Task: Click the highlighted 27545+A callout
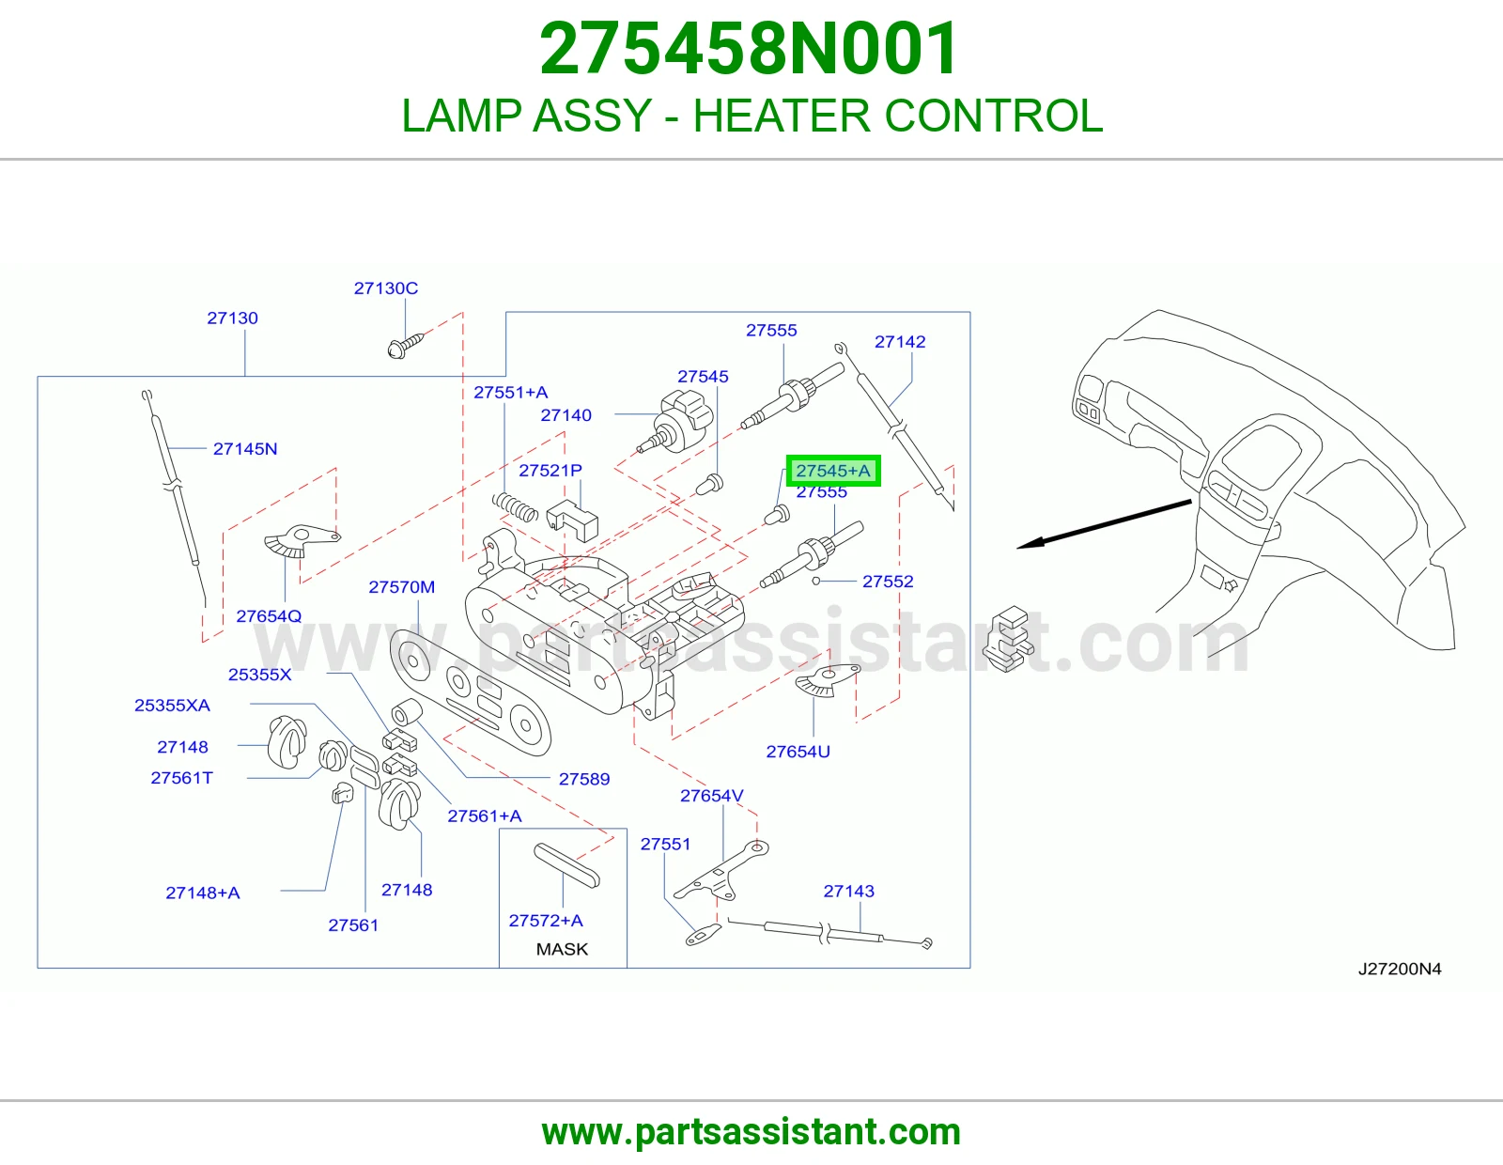(x=833, y=471)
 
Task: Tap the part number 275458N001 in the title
(x=749, y=48)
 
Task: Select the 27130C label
(x=386, y=287)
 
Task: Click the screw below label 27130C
(x=405, y=345)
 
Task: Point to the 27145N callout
(x=245, y=449)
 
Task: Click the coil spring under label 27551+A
(x=515, y=507)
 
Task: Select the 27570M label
(x=402, y=587)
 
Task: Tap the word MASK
(x=562, y=949)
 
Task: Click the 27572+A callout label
(x=546, y=921)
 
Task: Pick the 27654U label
(x=798, y=752)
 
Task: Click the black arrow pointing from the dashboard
(x=1104, y=523)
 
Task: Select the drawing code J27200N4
(x=1400, y=970)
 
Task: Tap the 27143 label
(x=848, y=891)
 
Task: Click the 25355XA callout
(x=172, y=705)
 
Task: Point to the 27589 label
(x=584, y=779)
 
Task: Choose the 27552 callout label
(x=888, y=582)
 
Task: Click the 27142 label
(x=900, y=342)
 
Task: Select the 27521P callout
(x=550, y=471)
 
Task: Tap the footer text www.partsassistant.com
(x=751, y=1132)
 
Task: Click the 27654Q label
(x=269, y=615)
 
